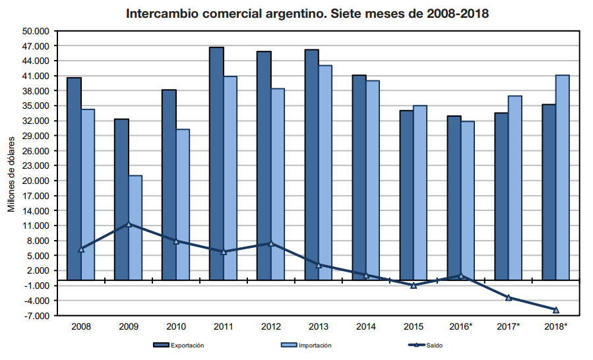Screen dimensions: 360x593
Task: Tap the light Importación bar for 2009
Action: [135, 227]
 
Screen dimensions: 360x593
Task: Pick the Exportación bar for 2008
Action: [74, 179]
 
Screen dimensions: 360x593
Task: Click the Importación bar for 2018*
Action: [562, 177]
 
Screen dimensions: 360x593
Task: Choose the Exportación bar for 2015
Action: [406, 195]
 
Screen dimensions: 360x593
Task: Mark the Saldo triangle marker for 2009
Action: [129, 225]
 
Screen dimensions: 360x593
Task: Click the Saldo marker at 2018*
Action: [556, 310]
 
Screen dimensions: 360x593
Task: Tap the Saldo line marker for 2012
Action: [271, 243]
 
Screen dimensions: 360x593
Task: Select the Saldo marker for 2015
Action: [414, 285]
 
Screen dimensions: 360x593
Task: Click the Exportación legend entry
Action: [178, 345]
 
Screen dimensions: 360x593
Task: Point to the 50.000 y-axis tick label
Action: [36, 31]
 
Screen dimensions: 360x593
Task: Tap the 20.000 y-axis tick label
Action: [36, 181]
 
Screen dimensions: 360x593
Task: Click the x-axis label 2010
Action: [176, 326]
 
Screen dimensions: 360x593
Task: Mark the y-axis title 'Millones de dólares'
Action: [11, 174]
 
